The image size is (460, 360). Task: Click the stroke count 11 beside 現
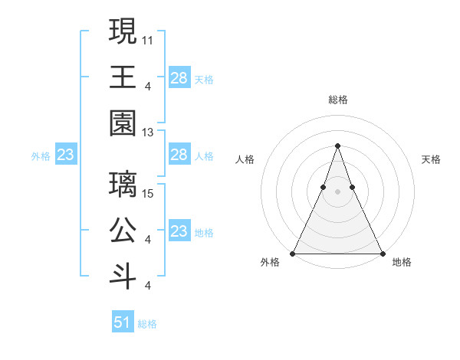point(148,38)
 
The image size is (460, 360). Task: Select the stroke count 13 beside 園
point(148,133)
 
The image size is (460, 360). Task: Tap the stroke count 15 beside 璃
point(148,192)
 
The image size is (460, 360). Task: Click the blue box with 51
point(122,322)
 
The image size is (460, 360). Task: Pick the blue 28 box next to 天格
point(179,77)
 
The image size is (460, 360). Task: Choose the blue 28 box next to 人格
point(179,155)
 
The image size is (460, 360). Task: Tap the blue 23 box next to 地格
point(179,231)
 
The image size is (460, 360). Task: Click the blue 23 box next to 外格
point(65,155)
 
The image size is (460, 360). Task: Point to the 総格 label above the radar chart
point(337,100)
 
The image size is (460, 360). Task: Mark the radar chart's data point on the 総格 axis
point(337,146)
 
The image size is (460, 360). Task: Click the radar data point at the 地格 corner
point(382,253)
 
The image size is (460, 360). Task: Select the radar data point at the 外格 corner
point(293,253)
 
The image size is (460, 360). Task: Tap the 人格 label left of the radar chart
point(245,159)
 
